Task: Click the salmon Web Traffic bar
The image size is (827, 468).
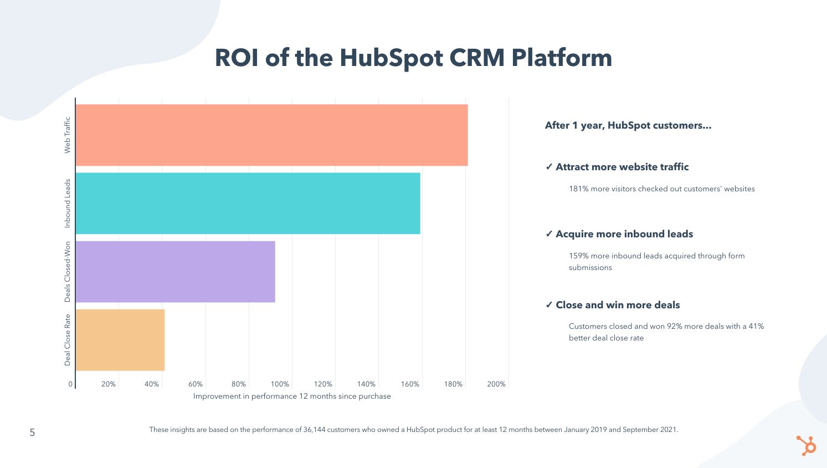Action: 271,135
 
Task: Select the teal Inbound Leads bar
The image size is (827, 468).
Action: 248,203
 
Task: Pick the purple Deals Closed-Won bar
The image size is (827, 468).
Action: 175,271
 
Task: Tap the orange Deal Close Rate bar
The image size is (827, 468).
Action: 120,339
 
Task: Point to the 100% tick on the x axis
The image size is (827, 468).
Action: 280,384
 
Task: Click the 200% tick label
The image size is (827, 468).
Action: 496,384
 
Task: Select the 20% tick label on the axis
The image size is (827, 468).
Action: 109,384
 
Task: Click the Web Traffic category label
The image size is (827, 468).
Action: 68,135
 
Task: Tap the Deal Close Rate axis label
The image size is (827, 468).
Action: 68,340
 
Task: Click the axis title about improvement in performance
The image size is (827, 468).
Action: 292,396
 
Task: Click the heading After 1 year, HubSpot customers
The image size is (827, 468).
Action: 628,125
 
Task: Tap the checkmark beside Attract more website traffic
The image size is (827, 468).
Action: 549,167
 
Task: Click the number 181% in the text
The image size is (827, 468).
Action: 578,189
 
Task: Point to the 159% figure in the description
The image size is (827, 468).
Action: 578,256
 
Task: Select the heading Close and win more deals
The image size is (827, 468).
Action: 617,305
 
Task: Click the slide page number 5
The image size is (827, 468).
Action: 32,433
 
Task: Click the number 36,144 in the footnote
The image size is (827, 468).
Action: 314,430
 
